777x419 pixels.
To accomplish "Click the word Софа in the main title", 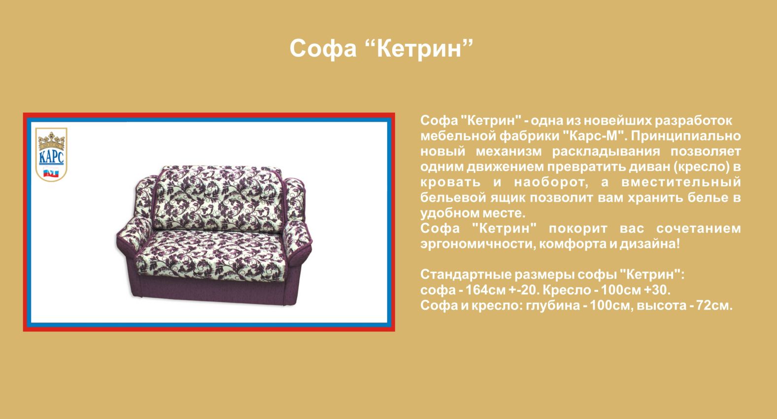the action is tap(323, 48).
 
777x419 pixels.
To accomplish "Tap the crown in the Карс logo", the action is tap(51, 140).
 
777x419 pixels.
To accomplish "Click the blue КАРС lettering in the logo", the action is tap(51, 157).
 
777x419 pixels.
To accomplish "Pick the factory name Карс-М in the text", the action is tap(594, 136).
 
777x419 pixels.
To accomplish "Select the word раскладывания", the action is tap(606, 152).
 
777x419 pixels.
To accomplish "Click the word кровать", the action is tap(451, 182).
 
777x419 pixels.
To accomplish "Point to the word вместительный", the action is tap(680, 182).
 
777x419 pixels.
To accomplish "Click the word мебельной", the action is tap(458, 136).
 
